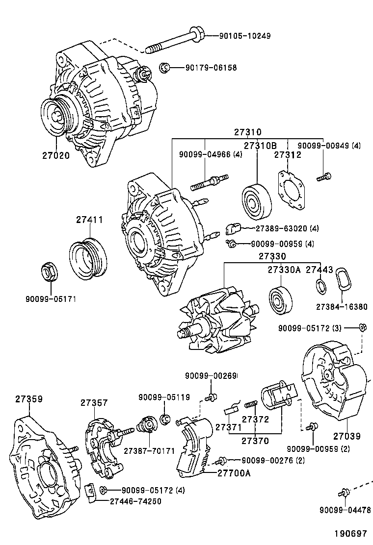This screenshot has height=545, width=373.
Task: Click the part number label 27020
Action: click(x=55, y=156)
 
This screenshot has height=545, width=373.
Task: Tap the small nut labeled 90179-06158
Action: click(x=165, y=68)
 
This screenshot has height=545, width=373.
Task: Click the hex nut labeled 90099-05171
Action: click(x=48, y=272)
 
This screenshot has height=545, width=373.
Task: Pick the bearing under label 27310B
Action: click(x=257, y=202)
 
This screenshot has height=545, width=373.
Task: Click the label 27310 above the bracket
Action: click(x=247, y=132)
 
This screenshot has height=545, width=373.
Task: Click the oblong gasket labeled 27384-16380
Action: click(x=344, y=283)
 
